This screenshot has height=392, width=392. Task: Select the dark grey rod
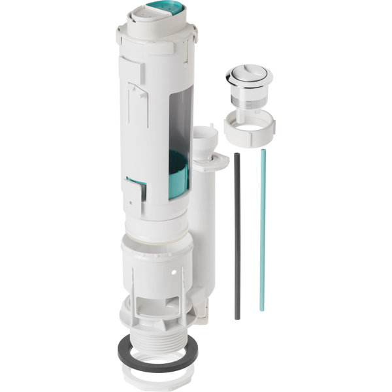tap(237, 235)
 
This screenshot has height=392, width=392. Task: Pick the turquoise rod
tap(262, 229)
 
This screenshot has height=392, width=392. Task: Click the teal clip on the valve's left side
tap(136, 187)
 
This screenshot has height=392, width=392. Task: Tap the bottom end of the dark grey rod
tap(237, 318)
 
